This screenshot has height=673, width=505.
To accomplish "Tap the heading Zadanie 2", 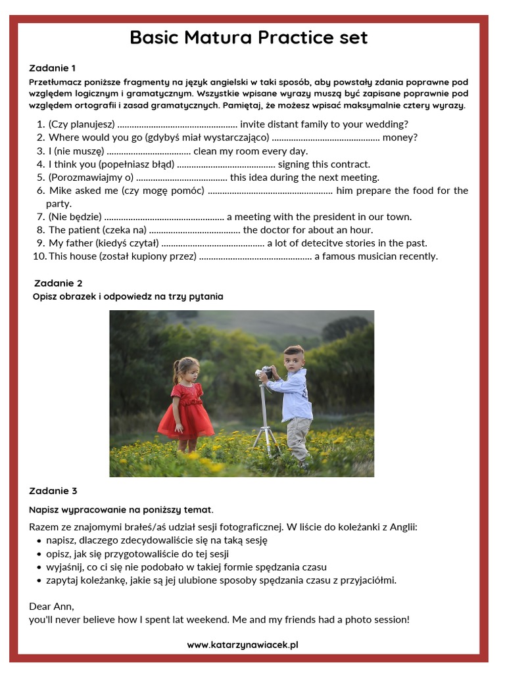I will tap(58, 283).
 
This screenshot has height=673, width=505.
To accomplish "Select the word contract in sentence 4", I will tap(349, 164).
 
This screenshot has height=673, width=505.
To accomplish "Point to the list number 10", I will tap(39, 256).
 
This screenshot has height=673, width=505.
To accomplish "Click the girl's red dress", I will tap(186, 411).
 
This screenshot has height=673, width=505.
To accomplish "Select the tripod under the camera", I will tap(267, 421).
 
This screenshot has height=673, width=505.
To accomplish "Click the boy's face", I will tap(293, 360).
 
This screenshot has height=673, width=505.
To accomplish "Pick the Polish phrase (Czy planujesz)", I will tap(82, 124).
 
